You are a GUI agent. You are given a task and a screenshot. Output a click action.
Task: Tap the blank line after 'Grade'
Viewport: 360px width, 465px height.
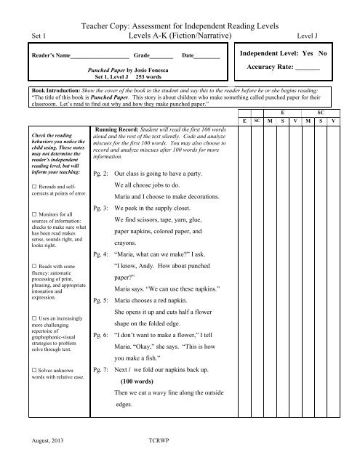click(x=162, y=56)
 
